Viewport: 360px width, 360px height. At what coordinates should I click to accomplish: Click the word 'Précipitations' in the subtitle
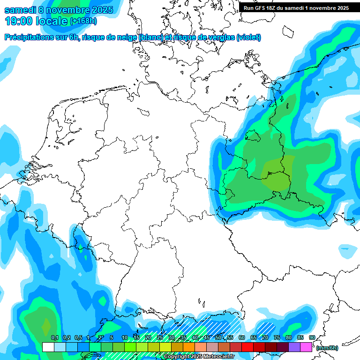[x=28, y=37]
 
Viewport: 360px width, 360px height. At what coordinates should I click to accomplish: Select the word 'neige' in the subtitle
[x=125, y=37]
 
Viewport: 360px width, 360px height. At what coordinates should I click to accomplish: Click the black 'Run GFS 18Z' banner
[x=296, y=7]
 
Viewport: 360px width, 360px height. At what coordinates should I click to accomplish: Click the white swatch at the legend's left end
[x=48, y=347]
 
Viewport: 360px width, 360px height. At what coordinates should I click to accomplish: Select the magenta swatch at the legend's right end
[x=306, y=347]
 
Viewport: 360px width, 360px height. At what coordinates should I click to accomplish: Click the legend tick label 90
[x=312, y=337]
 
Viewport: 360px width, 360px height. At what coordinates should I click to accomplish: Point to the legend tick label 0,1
[x=54, y=337]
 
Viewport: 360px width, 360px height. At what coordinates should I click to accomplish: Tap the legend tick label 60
[x=241, y=337]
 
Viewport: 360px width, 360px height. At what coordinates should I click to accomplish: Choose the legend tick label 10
[x=124, y=337]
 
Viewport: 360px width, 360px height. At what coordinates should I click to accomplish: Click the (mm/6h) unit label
[x=327, y=348]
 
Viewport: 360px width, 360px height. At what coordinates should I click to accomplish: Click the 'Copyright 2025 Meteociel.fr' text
[x=199, y=357]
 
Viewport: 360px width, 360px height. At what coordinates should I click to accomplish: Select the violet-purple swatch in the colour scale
[x=294, y=347]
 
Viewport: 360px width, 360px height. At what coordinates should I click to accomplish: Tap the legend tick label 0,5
[x=78, y=337]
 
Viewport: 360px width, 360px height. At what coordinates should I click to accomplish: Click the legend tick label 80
[x=288, y=337]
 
